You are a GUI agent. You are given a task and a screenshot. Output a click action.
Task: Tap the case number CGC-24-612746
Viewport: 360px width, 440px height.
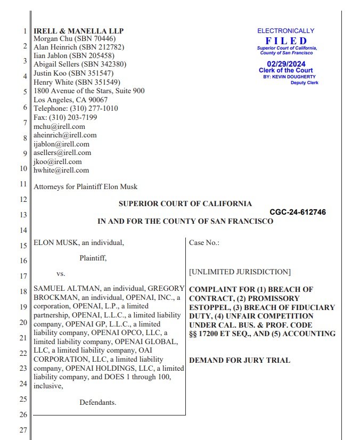[298, 212]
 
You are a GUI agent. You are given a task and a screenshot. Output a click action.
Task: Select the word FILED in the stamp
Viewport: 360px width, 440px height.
[286, 41]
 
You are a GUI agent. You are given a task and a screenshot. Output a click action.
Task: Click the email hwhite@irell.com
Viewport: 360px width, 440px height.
[61, 170]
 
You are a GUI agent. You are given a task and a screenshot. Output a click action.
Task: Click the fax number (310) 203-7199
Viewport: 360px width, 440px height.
[74, 118]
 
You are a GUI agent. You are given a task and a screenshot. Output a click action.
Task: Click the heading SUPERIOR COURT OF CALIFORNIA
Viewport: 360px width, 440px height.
[185, 204]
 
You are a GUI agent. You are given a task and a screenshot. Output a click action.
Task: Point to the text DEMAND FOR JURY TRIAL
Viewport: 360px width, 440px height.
[240, 361]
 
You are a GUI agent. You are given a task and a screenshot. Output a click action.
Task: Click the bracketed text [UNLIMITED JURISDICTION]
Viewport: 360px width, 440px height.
[240, 272]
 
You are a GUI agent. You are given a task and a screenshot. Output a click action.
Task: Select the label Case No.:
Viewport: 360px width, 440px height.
[204, 243]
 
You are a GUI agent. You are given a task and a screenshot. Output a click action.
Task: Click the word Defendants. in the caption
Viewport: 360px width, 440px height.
[98, 403]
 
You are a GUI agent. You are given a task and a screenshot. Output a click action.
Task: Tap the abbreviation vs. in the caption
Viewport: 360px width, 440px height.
[61, 274]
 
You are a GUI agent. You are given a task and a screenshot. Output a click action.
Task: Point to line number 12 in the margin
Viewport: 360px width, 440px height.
[23, 199]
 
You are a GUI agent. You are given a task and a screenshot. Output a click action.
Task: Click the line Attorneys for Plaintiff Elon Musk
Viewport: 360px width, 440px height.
[85, 187]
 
